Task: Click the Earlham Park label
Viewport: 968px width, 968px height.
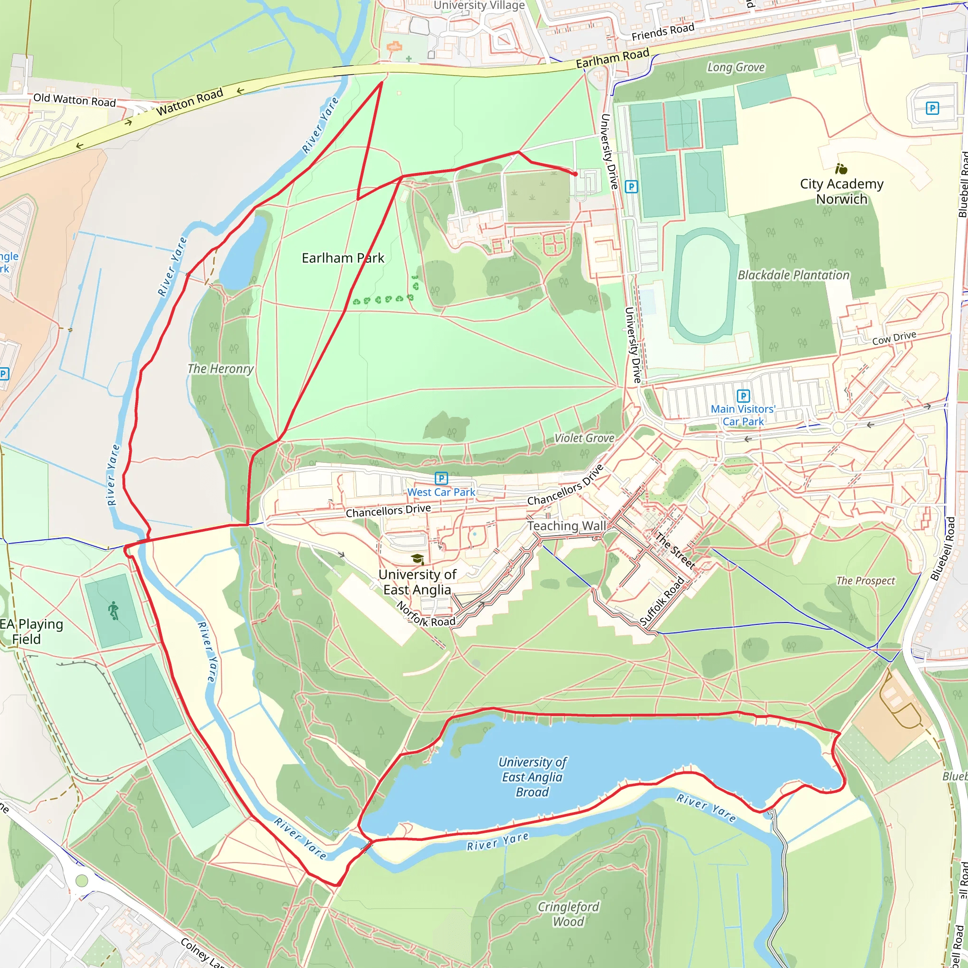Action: pyautogui.click(x=343, y=258)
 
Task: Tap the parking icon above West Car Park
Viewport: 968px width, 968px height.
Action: pyautogui.click(x=441, y=478)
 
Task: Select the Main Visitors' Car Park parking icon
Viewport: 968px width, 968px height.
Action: pyautogui.click(x=743, y=396)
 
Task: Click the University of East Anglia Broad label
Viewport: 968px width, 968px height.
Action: pyautogui.click(x=532, y=777)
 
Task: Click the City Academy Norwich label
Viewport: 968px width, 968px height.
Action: pyautogui.click(x=841, y=191)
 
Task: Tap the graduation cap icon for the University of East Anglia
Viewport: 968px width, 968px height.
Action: pyautogui.click(x=417, y=559)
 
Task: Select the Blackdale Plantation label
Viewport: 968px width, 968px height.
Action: pyautogui.click(x=793, y=275)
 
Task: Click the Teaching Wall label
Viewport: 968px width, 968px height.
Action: pyautogui.click(x=566, y=526)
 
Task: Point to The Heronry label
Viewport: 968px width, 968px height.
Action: pyautogui.click(x=220, y=369)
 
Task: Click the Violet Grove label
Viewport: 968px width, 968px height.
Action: pyautogui.click(x=584, y=438)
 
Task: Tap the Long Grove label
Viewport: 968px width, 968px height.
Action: pyautogui.click(x=735, y=67)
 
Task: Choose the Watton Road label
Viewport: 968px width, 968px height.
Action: pyautogui.click(x=190, y=102)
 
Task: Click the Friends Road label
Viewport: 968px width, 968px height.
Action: pyautogui.click(x=662, y=32)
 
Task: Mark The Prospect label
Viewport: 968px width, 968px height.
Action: pyautogui.click(x=865, y=581)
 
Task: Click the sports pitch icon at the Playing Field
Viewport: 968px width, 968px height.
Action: pyautogui.click(x=113, y=611)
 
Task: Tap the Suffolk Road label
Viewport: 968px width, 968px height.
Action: pyautogui.click(x=662, y=602)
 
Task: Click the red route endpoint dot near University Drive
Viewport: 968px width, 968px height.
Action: pyautogui.click(x=576, y=174)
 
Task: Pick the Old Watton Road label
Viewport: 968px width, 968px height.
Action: pyautogui.click(x=74, y=100)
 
